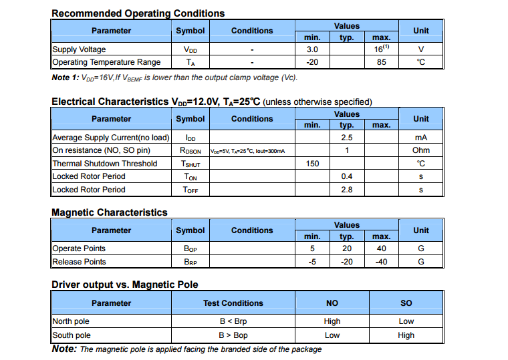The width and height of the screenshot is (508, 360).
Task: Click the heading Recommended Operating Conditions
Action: (138, 13)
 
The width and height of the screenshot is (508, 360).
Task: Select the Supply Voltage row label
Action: (79, 49)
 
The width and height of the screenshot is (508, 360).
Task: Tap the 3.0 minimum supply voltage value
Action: (312, 49)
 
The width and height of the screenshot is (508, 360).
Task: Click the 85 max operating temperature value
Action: (381, 62)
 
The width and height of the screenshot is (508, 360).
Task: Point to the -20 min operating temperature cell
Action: (312, 62)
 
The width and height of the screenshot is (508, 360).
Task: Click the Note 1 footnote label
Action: (65, 78)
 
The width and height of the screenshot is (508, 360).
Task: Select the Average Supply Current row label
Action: (111, 138)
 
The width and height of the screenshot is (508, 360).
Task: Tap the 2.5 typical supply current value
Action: (346, 138)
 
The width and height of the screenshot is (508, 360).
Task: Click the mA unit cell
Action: (420, 138)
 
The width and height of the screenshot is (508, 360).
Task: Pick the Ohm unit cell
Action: (420, 150)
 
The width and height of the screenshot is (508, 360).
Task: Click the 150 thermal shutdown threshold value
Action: (312, 164)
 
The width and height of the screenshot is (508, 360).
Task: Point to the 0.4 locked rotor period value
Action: (346, 176)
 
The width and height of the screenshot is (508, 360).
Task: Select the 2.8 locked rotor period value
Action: (346, 190)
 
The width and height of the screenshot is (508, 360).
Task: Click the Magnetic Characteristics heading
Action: (110, 212)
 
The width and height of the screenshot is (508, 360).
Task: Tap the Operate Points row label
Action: (79, 248)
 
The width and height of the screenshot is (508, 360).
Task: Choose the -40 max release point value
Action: (381, 262)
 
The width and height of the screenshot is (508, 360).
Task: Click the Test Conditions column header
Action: (233, 303)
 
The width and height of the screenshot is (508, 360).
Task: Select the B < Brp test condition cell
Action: (233, 321)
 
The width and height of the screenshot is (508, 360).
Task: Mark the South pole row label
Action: (72, 335)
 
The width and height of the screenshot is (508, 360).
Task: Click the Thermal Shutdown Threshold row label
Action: (105, 164)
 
